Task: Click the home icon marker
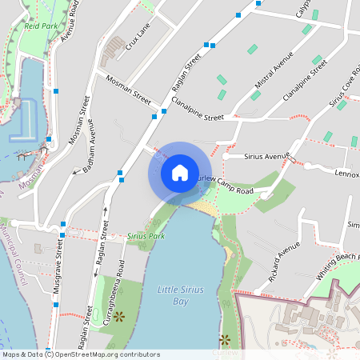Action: pyautogui.click(x=180, y=173)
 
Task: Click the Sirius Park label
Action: pyautogui.click(x=146, y=237)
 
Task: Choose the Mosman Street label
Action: pyautogui.click(x=129, y=90)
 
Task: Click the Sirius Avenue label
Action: pyautogui.click(x=266, y=156)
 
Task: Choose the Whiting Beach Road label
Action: pyautogui.click(x=338, y=263)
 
